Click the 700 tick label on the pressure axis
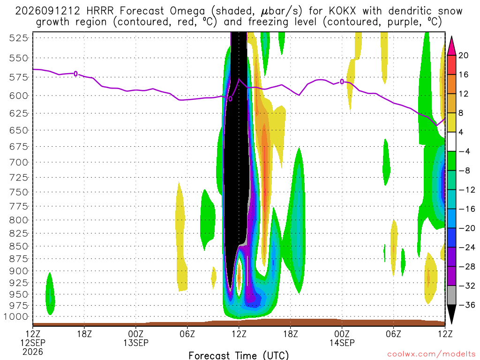(x=18, y=162)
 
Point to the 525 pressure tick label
(x=18, y=38)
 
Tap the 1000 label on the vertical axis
(x=15, y=317)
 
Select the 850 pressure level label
(x=18, y=247)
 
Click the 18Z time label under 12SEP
(x=84, y=334)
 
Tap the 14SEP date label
(x=342, y=343)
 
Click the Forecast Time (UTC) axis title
(x=239, y=355)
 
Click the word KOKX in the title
(x=342, y=11)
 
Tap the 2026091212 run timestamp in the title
(x=47, y=11)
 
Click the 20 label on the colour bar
(x=463, y=55)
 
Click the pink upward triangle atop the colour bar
(x=451, y=46)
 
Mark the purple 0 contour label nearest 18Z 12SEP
(x=75, y=74)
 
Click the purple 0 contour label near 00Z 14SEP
(x=342, y=82)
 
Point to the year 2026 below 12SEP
(x=33, y=352)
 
